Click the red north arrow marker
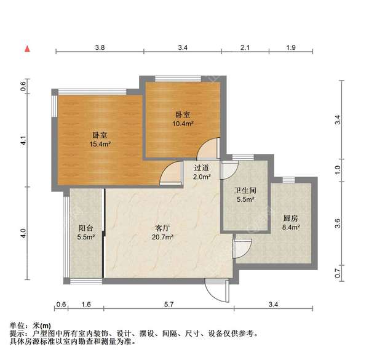pyautogui.click(x=27, y=48)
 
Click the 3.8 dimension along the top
pyautogui.click(x=100, y=47)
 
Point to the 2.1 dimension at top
pyautogui.click(x=244, y=47)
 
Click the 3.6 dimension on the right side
pyautogui.click(x=336, y=223)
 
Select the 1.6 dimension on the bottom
pyautogui.click(x=85, y=304)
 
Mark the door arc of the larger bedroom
pyautogui.click(x=169, y=175)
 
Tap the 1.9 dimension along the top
pyautogui.click(x=292, y=47)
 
